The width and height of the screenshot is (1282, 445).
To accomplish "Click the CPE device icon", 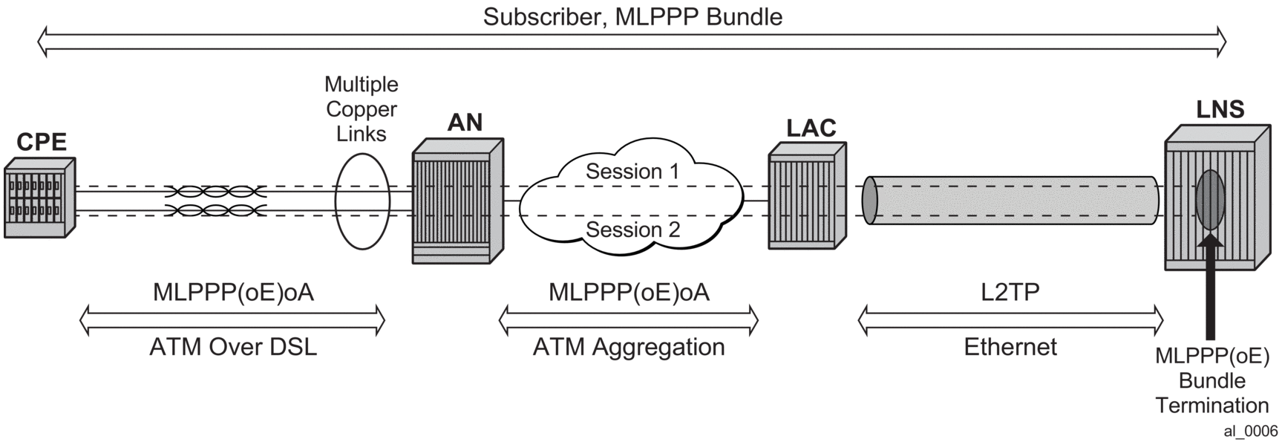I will [39, 198].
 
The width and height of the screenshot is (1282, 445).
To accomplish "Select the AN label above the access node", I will [465, 123].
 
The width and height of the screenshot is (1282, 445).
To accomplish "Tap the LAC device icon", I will [807, 196].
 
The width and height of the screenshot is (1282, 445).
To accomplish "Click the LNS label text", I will [1220, 110].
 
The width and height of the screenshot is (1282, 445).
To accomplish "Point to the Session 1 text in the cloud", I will [632, 172].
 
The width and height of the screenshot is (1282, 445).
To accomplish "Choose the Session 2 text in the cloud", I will [632, 230].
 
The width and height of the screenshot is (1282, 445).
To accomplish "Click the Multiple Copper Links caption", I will [362, 109].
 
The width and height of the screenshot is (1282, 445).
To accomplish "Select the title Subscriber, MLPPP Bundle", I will [632, 16].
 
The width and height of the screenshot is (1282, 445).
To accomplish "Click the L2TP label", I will [1010, 292].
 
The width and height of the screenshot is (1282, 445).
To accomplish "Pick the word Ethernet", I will [1010, 347].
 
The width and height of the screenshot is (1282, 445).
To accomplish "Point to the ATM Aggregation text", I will [629, 347].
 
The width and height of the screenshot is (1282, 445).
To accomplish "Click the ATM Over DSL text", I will [233, 347].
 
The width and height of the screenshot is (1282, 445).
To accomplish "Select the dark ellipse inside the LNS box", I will [1211, 199].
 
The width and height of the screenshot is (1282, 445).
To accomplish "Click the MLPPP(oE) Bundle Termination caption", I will [1211, 380].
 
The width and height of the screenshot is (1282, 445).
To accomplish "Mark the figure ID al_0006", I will [1251, 432].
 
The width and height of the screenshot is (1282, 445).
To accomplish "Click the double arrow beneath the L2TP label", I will [1010, 320].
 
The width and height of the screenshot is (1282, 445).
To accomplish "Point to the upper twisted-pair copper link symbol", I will [215, 191].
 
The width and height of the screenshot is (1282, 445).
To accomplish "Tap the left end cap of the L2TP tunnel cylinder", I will [870, 200].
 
